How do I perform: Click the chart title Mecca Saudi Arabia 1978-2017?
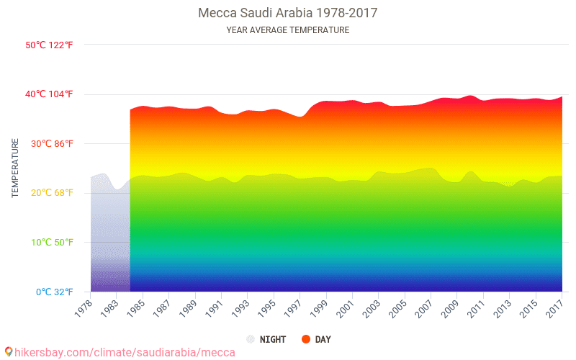click(288, 13)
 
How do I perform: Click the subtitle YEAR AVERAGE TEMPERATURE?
click(288, 30)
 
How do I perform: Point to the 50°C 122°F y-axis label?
click(49, 45)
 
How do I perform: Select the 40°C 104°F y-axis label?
click(49, 94)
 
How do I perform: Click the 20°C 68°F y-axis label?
click(50, 193)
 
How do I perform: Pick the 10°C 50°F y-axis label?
click(50, 243)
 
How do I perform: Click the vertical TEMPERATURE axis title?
click(15, 168)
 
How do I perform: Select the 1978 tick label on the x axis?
click(84, 307)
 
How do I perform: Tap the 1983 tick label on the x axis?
click(110, 307)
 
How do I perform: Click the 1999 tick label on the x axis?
click(320, 307)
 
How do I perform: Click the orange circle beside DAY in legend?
click(305, 339)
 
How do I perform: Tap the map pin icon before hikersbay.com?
click(9, 351)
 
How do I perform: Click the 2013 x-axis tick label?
click(504, 307)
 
